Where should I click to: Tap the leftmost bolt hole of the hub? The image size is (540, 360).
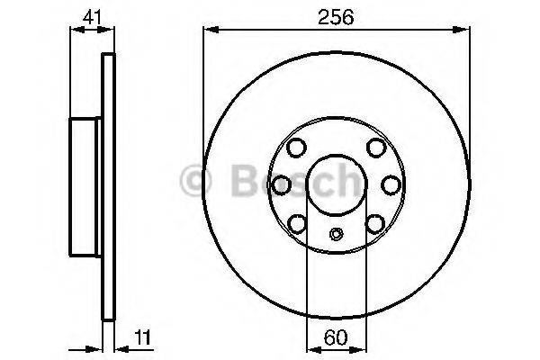point(281,184)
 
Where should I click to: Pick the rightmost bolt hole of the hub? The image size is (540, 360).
point(391,184)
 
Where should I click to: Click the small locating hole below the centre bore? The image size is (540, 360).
point(336,236)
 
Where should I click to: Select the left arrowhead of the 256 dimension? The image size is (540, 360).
point(209,31)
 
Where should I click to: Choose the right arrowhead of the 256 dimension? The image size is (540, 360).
point(463,31)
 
